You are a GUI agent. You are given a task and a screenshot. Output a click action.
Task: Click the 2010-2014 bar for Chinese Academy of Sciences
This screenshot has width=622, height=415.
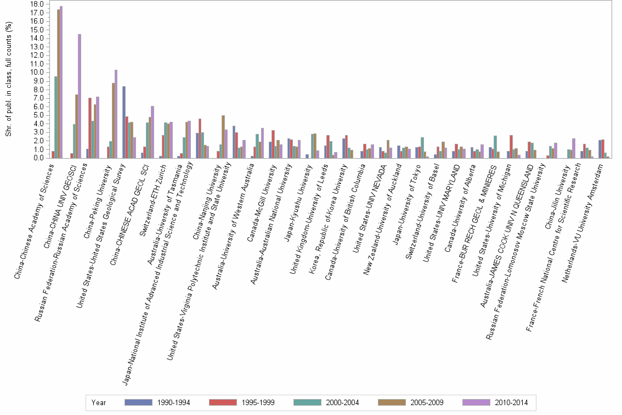click(x=61, y=82)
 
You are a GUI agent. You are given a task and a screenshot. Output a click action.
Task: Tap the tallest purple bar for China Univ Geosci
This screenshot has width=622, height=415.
click(x=80, y=96)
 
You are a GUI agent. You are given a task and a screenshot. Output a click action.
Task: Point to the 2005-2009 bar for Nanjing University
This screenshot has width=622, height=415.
click(x=223, y=137)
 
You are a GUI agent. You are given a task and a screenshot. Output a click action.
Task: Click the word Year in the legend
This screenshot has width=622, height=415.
click(x=99, y=402)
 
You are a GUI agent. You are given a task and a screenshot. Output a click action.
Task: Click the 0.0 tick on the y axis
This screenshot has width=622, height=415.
click(x=38, y=158)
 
